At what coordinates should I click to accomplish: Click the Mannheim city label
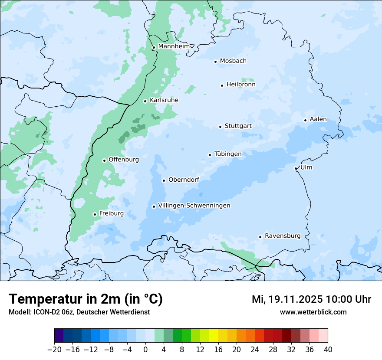point(174,46)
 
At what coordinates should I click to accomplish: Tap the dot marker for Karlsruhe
point(145,101)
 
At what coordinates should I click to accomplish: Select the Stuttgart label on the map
point(238,126)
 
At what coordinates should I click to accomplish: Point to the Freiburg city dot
point(95,214)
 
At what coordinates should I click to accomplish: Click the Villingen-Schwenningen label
point(194,206)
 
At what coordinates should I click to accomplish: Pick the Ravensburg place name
point(282,236)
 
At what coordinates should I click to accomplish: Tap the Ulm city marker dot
point(296,168)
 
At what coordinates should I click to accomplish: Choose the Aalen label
point(318,119)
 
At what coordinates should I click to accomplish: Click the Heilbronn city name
point(240,85)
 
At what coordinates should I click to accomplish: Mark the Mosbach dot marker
point(215,62)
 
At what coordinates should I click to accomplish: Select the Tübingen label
point(227,154)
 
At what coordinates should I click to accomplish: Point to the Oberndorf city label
point(184,180)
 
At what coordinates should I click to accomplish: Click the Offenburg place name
point(123,160)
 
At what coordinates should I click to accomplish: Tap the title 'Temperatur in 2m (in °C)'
point(86,299)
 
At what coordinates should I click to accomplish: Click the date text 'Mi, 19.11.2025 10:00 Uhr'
point(311,299)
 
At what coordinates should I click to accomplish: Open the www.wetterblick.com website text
point(313,312)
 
